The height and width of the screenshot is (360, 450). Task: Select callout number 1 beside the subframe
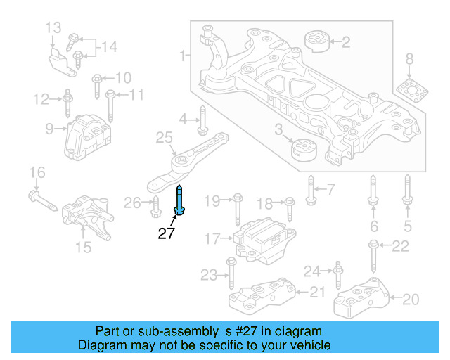pos(183,55)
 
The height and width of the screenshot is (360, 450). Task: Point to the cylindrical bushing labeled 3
pos(304,150)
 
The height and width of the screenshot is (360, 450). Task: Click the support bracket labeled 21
pos(262,295)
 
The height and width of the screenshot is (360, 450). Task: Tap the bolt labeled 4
pos(202,120)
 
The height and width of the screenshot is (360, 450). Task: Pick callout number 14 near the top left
pos(108,48)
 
